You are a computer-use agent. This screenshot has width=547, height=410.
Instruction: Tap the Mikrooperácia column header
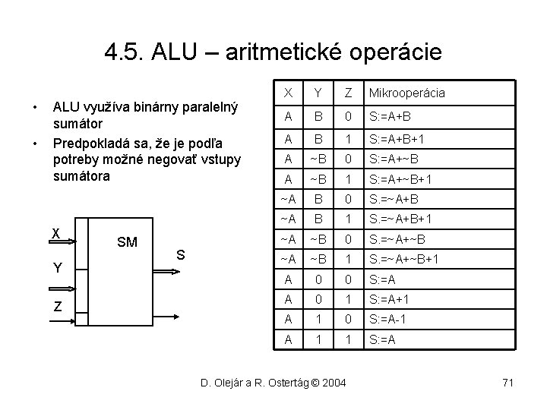(x=406, y=93)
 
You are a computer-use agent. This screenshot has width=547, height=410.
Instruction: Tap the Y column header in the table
(x=318, y=93)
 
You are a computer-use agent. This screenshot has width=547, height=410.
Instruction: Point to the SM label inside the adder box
(x=127, y=242)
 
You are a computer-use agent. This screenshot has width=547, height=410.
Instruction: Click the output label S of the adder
(x=181, y=255)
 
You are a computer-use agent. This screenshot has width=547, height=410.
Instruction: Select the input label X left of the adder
(x=55, y=233)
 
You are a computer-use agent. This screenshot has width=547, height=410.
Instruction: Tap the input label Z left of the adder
(x=56, y=306)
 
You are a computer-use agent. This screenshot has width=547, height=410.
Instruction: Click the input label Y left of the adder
(x=56, y=267)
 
